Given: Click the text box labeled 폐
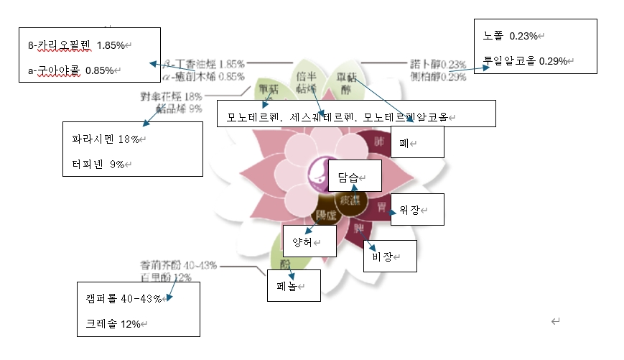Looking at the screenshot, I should pyautogui.click(x=416, y=142).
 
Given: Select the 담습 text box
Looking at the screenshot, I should pyautogui.click(x=350, y=176).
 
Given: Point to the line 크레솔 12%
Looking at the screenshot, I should pyautogui.click(x=113, y=324).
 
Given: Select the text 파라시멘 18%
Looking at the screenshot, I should pyautogui.click(x=105, y=139).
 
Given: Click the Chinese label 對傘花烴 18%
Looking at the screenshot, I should pyautogui.click(x=172, y=96).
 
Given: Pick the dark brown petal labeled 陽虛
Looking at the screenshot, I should pyautogui.click(x=327, y=214).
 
